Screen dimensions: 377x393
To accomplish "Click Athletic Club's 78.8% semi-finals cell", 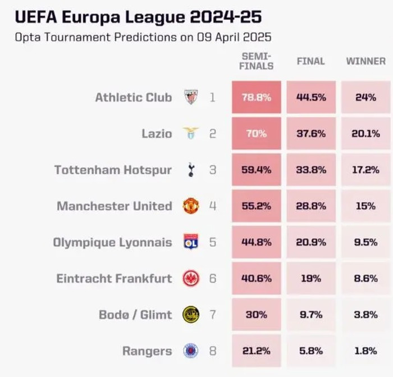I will point(256,97).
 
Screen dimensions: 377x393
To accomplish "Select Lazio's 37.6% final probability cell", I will point(310,134).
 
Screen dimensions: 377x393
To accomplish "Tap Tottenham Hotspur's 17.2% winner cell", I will point(365,170).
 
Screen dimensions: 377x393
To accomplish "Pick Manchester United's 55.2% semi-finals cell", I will point(256,206).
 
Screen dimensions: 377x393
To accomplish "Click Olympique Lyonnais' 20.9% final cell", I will point(310,242).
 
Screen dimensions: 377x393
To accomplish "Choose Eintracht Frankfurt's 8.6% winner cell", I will point(365,278).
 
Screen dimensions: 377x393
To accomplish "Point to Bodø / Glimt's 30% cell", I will point(256,315).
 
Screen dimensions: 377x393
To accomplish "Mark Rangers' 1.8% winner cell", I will point(365,351).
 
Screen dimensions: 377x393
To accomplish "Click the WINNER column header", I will point(365,61).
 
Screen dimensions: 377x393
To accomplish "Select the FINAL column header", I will point(310,61).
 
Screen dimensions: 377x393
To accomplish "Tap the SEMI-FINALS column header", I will point(257,61).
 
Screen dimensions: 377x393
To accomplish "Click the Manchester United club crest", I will point(191,206).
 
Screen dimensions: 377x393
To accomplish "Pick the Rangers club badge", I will point(191,351).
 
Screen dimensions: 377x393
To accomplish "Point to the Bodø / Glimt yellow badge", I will point(191,315).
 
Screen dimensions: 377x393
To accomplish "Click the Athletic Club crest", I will point(191,97).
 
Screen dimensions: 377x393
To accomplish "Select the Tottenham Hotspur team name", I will point(113,170).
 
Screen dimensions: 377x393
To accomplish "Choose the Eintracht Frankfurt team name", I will point(114,278).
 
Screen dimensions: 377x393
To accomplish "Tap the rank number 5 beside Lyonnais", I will point(212,242).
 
